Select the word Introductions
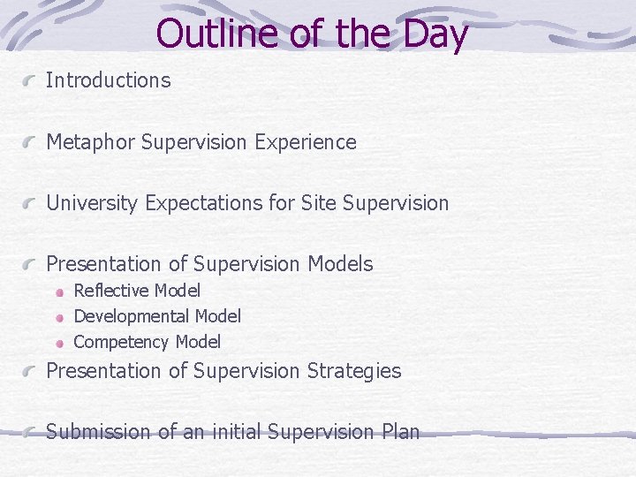[x=108, y=80]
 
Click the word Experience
[x=306, y=142]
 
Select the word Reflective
[x=110, y=291]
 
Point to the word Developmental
[x=132, y=316]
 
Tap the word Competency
[x=121, y=342]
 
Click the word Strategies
[x=353, y=371]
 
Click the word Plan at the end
[x=400, y=432]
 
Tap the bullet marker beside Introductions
[x=31, y=81]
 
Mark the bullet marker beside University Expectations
[x=31, y=204]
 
